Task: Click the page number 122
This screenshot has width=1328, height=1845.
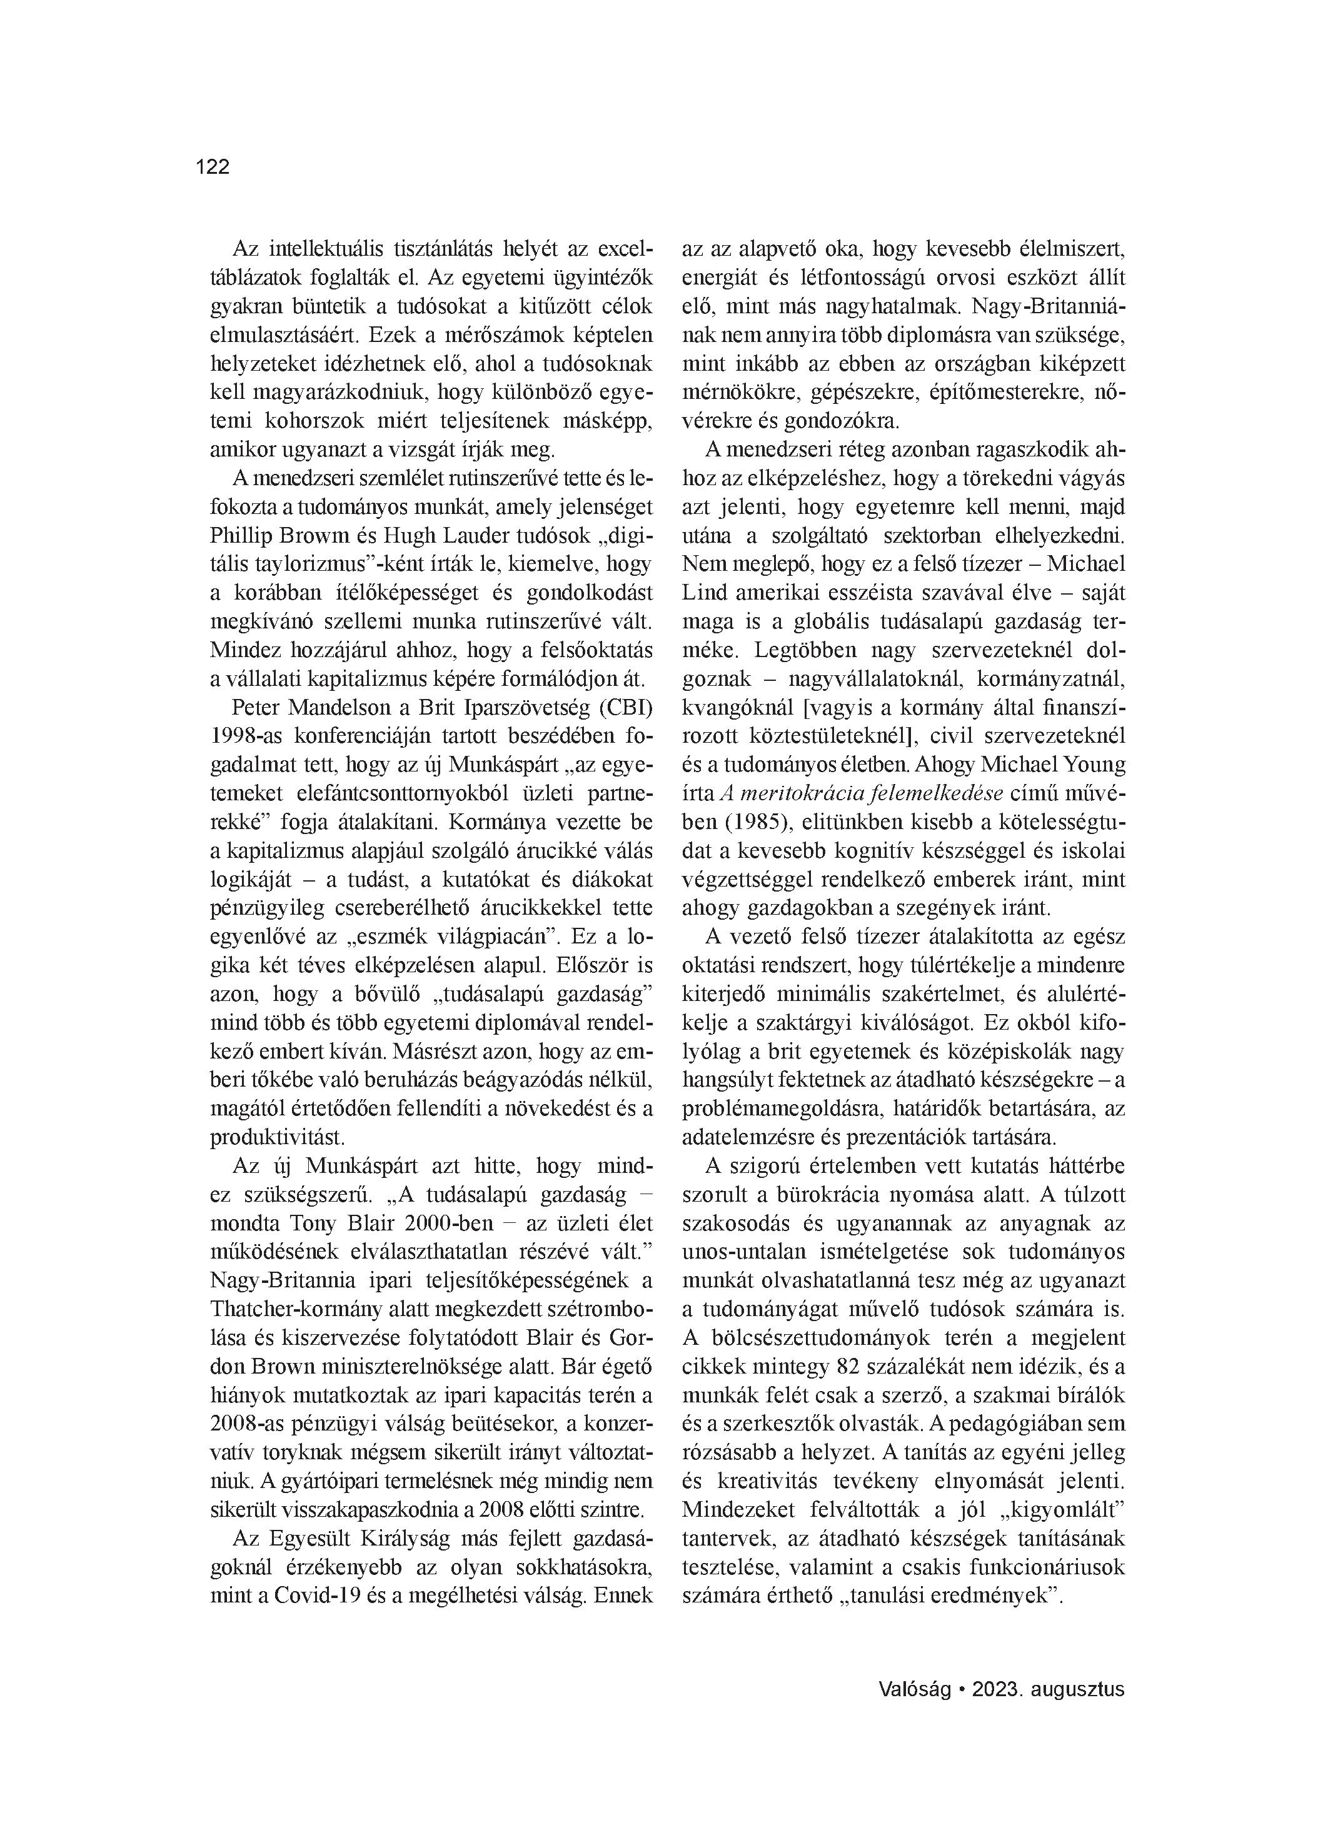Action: click(x=213, y=167)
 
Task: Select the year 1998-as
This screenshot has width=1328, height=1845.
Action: click(x=248, y=735)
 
